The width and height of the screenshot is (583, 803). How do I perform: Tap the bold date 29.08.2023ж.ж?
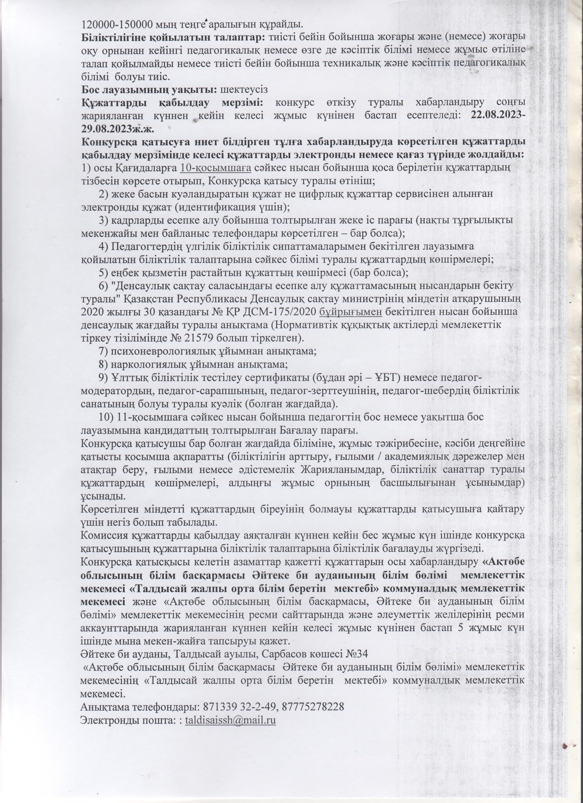[118, 128]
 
